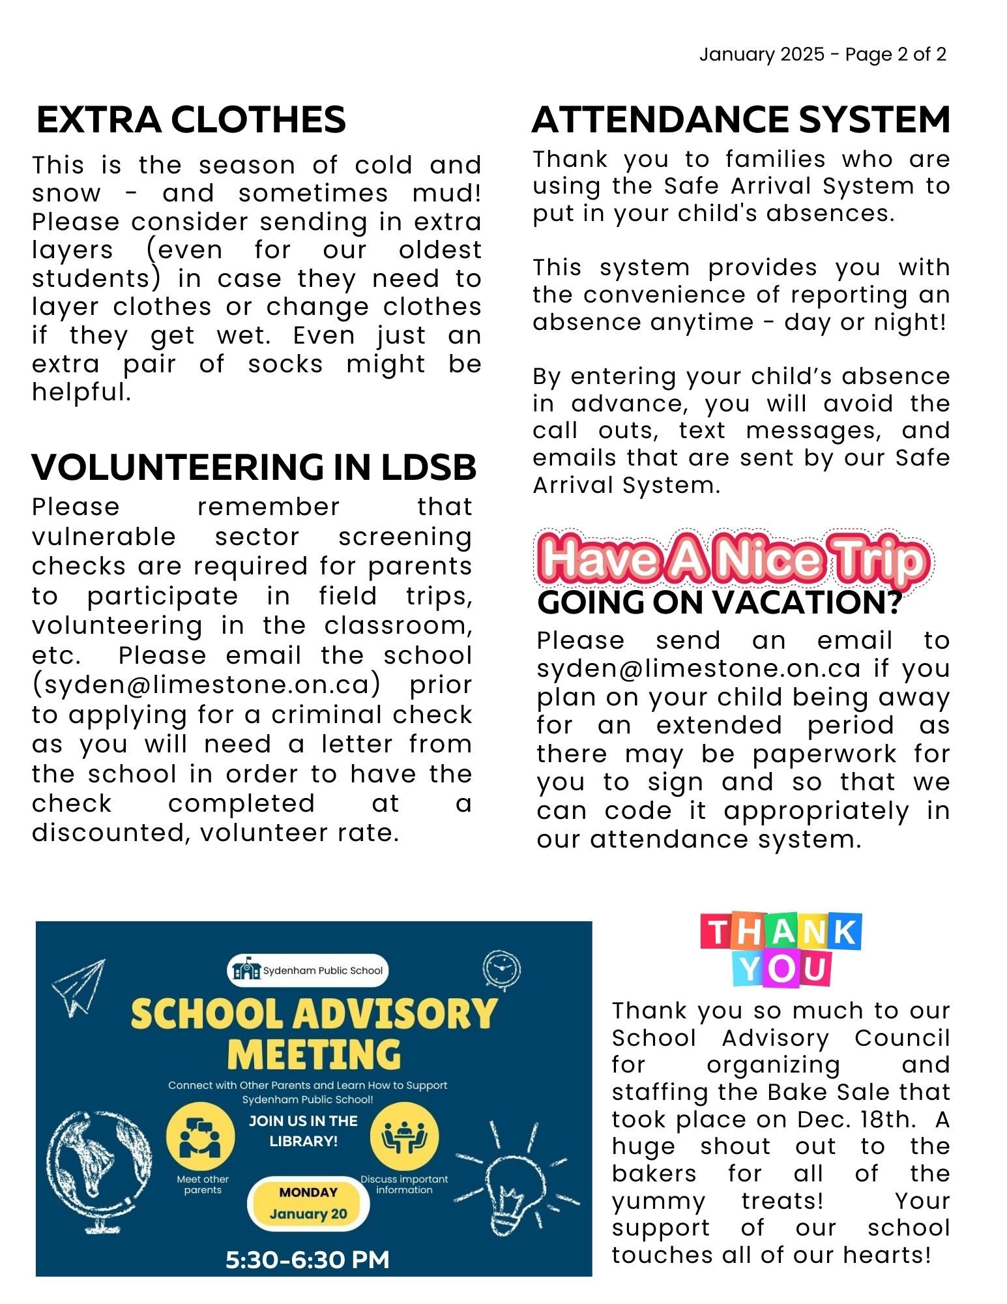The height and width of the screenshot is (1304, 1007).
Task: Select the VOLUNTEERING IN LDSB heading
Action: (254, 467)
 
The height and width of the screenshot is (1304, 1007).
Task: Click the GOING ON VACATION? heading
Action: (719, 602)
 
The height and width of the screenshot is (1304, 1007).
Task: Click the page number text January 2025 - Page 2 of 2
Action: (823, 54)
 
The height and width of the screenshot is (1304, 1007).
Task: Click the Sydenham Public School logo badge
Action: (308, 970)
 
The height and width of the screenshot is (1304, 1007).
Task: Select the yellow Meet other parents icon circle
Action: (201, 1137)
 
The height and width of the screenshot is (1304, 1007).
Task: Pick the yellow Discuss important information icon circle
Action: (404, 1137)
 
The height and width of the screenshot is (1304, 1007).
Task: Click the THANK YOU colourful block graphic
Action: (781, 949)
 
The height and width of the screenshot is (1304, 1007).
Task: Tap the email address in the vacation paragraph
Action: (698, 669)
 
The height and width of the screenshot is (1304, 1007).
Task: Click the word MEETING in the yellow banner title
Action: (314, 1054)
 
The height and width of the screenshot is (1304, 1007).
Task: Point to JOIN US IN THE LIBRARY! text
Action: (304, 1131)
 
